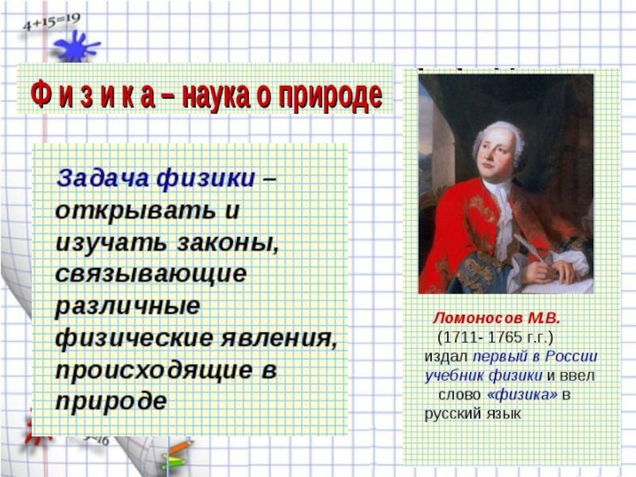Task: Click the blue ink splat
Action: [x=76, y=47]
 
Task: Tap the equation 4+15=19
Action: [x=52, y=22]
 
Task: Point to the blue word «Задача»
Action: [x=103, y=178]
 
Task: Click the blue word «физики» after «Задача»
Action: [x=206, y=178]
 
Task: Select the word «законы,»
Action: [x=228, y=242]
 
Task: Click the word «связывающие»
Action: [x=151, y=274]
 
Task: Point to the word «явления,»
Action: [x=279, y=339]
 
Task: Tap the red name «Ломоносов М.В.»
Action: [x=497, y=319]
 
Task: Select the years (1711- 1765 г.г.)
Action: [x=495, y=337]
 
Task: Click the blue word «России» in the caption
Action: [x=571, y=356]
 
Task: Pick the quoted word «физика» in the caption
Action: [x=522, y=394]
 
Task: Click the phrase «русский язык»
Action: [x=472, y=414]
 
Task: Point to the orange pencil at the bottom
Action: [x=181, y=447]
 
